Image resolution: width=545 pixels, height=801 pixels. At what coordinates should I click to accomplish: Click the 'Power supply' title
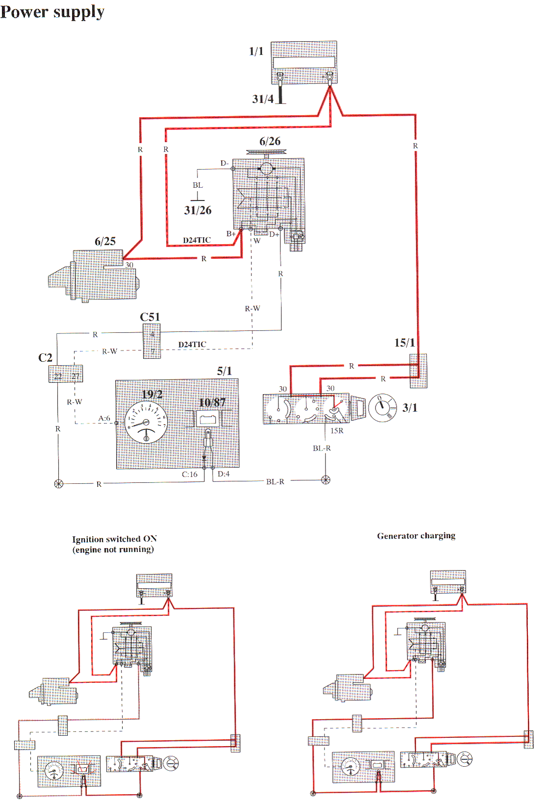point(52,12)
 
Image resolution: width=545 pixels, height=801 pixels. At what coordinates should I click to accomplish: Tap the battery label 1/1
point(256,51)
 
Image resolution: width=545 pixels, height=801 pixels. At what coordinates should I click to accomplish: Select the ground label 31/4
point(263,99)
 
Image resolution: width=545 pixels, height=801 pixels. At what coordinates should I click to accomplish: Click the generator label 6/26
point(270,142)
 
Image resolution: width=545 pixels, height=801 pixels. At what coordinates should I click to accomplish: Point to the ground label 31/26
point(198,210)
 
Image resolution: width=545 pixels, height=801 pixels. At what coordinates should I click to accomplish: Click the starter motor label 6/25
point(105,241)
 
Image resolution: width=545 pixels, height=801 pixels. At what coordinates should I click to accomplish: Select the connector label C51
point(149,317)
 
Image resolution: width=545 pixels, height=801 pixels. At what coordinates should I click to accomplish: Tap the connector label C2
point(45,358)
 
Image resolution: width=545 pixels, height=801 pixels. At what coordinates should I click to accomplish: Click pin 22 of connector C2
point(58,376)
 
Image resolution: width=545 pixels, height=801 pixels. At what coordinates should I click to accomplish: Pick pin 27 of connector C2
point(75,376)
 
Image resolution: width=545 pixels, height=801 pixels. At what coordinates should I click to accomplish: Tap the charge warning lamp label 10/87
point(212,403)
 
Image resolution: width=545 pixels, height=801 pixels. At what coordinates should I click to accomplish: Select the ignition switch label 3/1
point(410,408)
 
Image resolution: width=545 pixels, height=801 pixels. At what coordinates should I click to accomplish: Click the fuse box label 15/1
point(404,343)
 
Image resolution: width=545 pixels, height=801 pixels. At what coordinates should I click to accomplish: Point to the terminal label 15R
point(337,431)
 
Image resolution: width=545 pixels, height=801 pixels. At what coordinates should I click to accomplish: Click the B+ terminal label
point(231,234)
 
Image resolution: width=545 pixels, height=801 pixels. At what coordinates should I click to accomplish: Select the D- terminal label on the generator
point(224,163)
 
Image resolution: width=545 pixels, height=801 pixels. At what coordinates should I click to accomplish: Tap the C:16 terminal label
point(190,475)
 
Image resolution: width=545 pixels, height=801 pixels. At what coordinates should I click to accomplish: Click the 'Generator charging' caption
point(416,536)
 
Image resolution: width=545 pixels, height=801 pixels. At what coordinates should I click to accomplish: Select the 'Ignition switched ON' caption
point(114,539)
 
